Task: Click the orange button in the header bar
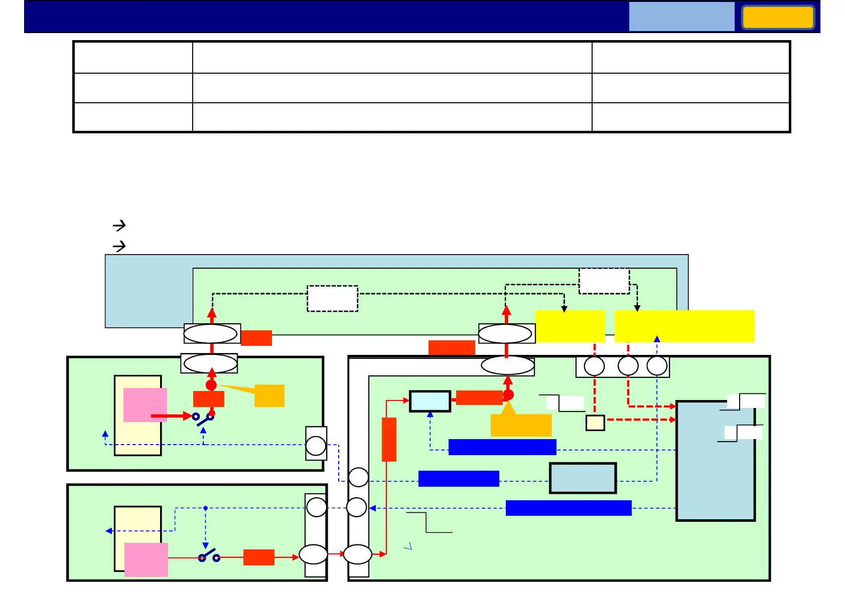tap(778, 18)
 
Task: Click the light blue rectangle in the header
tap(681, 17)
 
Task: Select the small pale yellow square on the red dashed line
tap(595, 423)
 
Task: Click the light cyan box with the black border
tap(430, 401)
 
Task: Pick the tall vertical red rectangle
tap(389, 439)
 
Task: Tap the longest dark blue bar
tap(569, 508)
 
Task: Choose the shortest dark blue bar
tap(459, 479)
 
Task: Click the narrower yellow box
tap(570, 326)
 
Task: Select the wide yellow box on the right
tap(684, 326)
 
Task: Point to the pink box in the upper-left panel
tap(145, 405)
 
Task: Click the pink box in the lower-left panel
tap(146, 559)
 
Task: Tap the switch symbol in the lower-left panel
tap(209, 556)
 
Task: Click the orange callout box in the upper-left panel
tap(269, 395)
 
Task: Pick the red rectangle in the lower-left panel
tap(259, 557)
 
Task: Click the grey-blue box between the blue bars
tap(583, 478)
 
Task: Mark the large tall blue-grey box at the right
tap(716, 461)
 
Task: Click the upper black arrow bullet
tap(119, 226)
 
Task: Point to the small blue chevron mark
tap(408, 546)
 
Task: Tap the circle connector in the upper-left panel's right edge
tap(316, 446)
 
